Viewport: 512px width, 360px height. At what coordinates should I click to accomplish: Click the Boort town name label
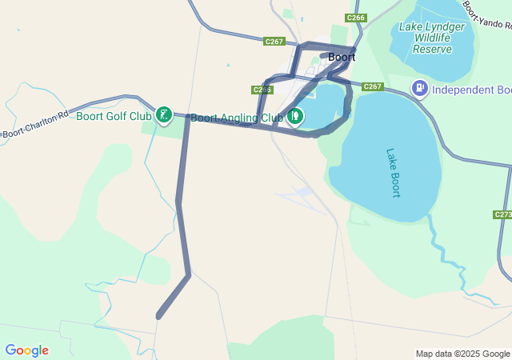[342, 57]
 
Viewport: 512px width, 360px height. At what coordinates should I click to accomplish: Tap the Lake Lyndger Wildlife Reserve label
[432, 38]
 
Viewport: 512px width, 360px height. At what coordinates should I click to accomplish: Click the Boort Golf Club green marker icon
[164, 115]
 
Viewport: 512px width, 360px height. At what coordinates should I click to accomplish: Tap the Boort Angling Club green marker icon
[295, 117]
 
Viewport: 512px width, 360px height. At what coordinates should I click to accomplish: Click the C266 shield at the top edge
[356, 18]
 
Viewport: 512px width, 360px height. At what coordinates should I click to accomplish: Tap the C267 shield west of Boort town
[274, 42]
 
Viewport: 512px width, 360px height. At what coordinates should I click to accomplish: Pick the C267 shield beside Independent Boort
[373, 86]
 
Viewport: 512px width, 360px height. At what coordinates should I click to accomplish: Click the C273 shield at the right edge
[503, 214]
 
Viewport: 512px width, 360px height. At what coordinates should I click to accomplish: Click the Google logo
[26, 350]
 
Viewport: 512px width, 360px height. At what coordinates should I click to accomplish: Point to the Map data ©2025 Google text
[462, 354]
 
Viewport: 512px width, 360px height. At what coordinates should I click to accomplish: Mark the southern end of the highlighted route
[159, 316]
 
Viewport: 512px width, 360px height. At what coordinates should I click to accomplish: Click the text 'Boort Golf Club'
[114, 116]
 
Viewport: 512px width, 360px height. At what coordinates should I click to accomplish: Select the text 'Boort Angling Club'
[236, 117]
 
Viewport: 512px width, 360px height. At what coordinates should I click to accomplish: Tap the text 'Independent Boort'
[471, 88]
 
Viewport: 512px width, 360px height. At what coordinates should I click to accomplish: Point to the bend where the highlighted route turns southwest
[189, 276]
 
